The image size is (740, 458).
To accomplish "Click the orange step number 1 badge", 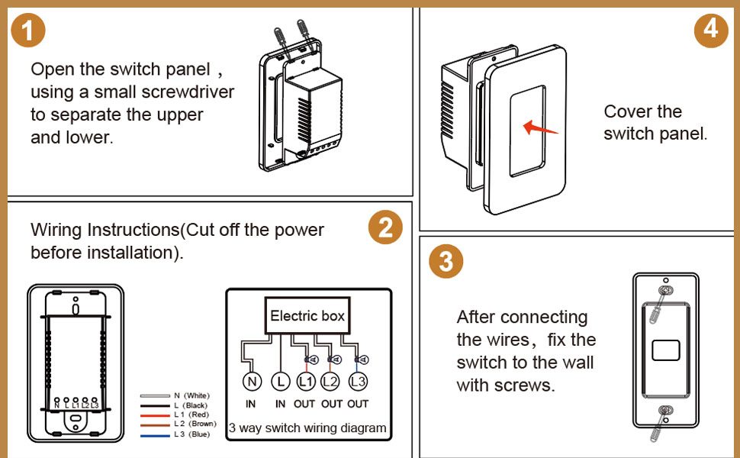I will click(29, 31).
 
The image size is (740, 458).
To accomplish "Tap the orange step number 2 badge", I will click(385, 228).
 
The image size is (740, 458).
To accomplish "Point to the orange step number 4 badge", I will click(711, 30).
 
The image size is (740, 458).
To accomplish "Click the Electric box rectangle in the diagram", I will click(307, 316).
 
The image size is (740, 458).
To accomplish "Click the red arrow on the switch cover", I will click(541, 127).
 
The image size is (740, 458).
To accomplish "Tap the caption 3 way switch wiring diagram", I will click(307, 428).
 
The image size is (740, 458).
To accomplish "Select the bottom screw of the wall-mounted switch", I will click(666, 412).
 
